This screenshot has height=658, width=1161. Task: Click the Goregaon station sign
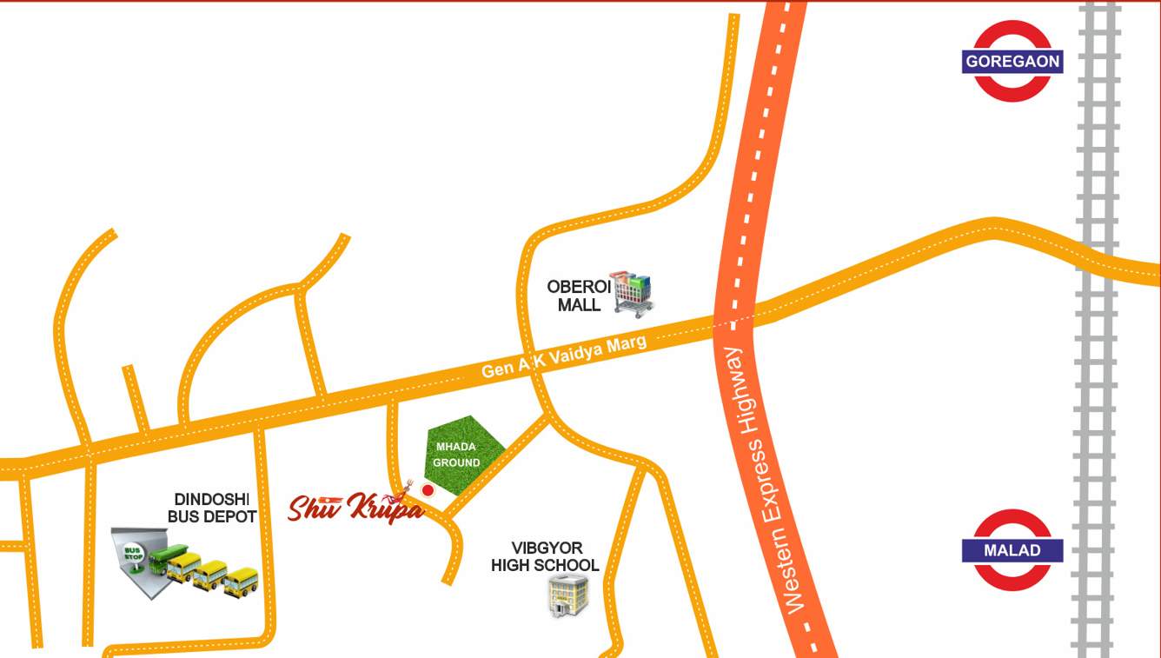[1012, 62]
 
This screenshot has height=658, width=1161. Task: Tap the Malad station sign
[1012, 550]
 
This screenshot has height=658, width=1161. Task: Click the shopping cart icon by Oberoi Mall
[632, 293]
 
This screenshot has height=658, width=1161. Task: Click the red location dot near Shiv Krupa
[428, 490]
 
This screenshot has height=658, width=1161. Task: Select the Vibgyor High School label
[545, 556]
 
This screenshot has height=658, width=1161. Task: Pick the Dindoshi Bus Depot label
[212, 508]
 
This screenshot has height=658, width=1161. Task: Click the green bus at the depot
[168, 559]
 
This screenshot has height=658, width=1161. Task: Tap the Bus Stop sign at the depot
[133, 555]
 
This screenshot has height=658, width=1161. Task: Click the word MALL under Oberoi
[579, 305]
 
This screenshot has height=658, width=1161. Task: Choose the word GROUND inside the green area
[456, 462]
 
